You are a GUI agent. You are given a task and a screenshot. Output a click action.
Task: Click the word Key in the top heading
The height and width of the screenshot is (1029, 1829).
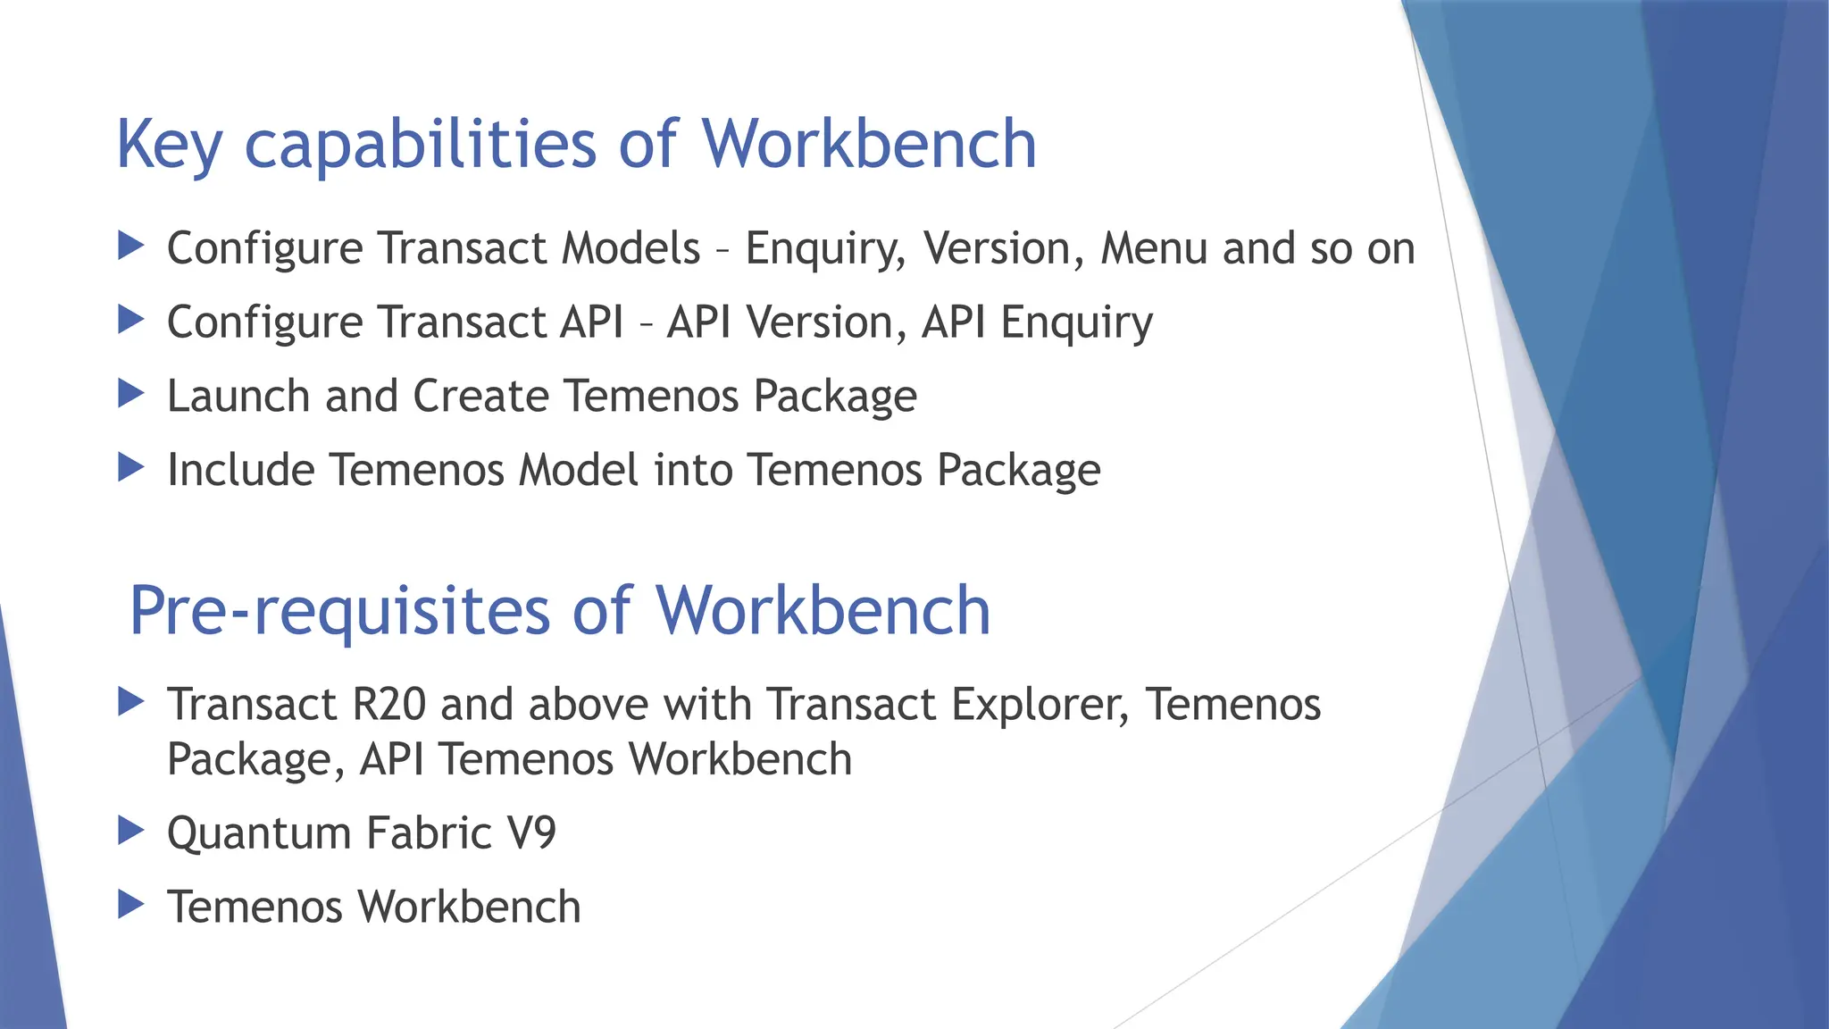169,145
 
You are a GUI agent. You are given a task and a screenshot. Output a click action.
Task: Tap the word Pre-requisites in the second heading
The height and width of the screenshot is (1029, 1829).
339,612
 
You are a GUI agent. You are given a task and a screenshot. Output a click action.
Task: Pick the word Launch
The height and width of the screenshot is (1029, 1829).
238,396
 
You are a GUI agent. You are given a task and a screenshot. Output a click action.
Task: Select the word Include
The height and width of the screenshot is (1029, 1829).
240,470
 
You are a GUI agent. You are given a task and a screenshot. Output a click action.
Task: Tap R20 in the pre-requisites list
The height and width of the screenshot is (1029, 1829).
388,704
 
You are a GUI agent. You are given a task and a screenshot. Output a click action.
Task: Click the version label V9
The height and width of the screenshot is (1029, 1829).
531,833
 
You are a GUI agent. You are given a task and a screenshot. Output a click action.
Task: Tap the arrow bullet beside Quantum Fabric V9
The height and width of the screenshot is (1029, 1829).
130,831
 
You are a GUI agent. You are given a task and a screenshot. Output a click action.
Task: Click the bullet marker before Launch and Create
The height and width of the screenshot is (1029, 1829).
130,393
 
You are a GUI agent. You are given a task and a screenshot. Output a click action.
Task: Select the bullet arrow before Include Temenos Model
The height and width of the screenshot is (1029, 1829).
130,467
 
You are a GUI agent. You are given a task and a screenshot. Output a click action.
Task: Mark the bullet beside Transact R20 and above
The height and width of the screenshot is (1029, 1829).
130,701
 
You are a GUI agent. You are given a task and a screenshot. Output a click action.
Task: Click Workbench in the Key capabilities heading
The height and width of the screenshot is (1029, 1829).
868,145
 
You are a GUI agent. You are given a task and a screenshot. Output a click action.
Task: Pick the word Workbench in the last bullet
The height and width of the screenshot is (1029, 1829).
470,908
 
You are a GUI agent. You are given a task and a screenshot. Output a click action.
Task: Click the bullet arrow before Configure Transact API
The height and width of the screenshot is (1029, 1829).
130,319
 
